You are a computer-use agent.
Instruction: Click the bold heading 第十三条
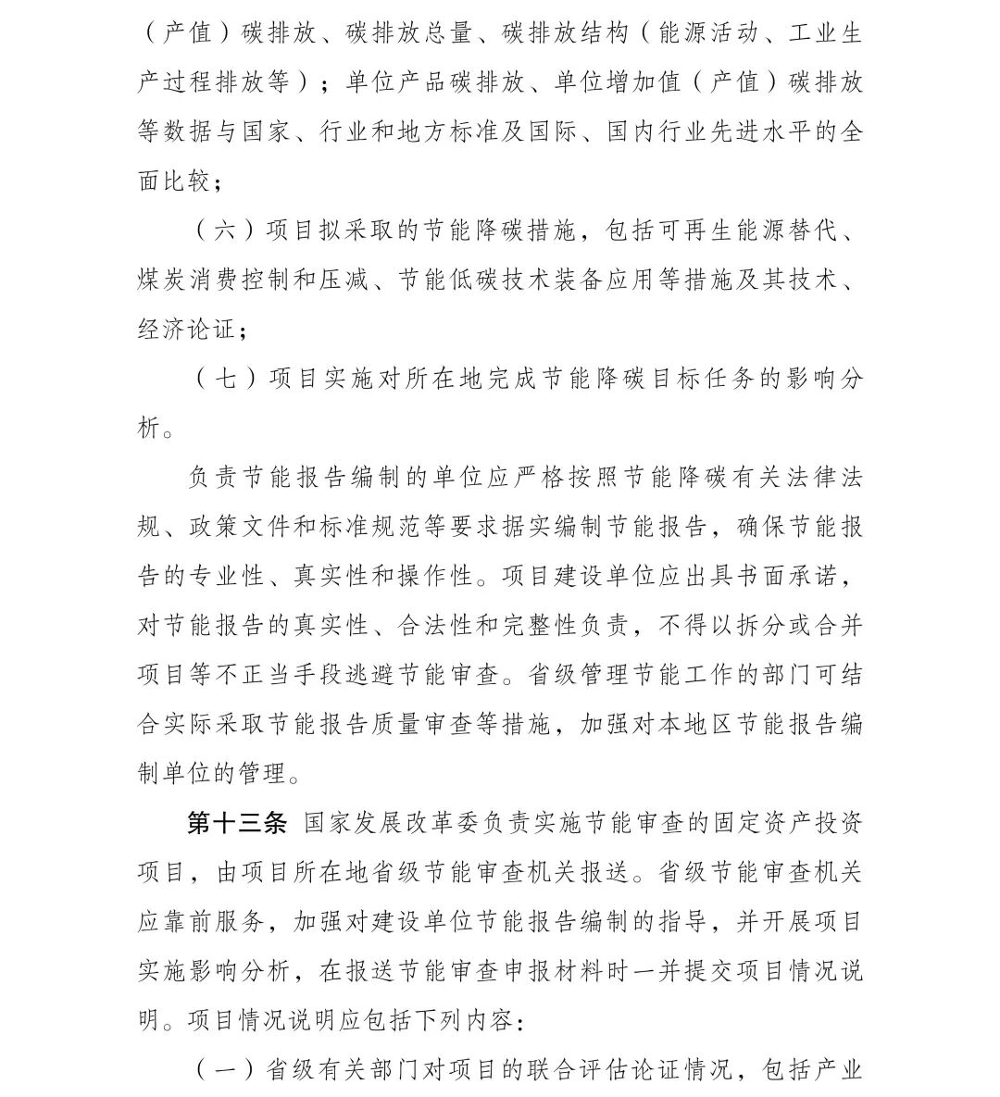point(238,823)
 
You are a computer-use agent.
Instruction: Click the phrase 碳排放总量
point(412,33)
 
